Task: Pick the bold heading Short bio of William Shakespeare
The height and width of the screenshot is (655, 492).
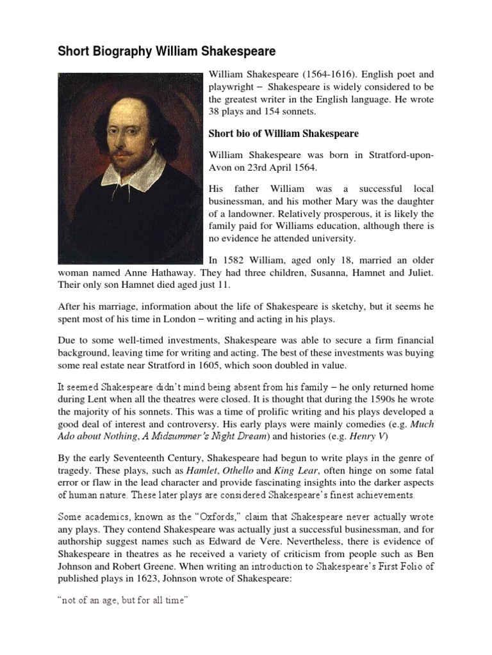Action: point(284,134)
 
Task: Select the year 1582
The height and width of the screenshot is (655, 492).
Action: point(236,260)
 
